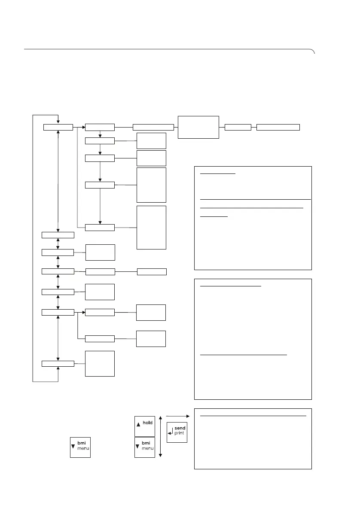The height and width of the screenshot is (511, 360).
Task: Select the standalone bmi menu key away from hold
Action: pyautogui.click(x=80, y=447)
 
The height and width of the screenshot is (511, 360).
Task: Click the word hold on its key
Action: pyautogui.click(x=148, y=423)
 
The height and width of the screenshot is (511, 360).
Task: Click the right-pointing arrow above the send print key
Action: pyautogui.click(x=177, y=416)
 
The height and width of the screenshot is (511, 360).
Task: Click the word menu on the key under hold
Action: pyautogui.click(x=148, y=450)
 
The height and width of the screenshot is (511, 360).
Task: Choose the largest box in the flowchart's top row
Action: pyautogui.click(x=198, y=127)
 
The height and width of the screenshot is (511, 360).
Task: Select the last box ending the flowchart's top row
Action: pyautogui.click(x=278, y=127)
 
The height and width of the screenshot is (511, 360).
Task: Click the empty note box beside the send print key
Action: pyautogui.click(x=253, y=438)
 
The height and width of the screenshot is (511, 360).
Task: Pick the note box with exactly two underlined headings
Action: pyautogui.click(x=253, y=339)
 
